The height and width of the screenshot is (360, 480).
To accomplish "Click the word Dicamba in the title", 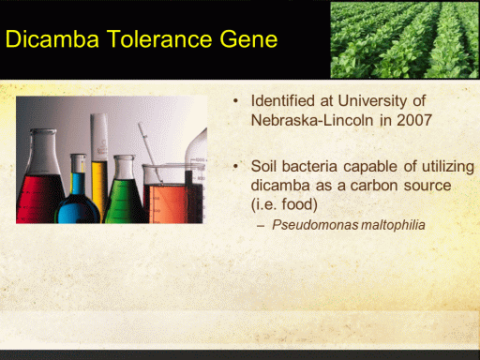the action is pyautogui.click(x=52, y=39).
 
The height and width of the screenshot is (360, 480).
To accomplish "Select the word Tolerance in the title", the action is pyautogui.click(x=159, y=39).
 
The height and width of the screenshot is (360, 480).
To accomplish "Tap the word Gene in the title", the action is pyautogui.click(x=248, y=39).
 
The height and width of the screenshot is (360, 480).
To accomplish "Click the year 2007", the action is pyautogui.click(x=414, y=120).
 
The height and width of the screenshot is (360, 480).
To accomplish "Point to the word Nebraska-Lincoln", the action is pyautogui.click(x=312, y=120).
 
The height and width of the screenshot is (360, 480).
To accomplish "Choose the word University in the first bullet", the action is pyautogui.click(x=372, y=101).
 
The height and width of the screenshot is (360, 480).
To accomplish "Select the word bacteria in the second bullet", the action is pyautogui.click(x=309, y=166).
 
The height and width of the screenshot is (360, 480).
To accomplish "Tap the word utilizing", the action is pyautogui.click(x=448, y=167).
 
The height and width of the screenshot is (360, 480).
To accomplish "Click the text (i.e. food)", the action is pyautogui.click(x=284, y=205).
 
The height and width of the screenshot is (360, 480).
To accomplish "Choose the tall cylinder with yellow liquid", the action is pyautogui.click(x=99, y=162).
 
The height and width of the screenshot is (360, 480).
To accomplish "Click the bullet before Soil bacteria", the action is pyautogui.click(x=235, y=166).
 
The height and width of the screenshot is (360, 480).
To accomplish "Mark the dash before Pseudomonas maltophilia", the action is pyautogui.click(x=261, y=226).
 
